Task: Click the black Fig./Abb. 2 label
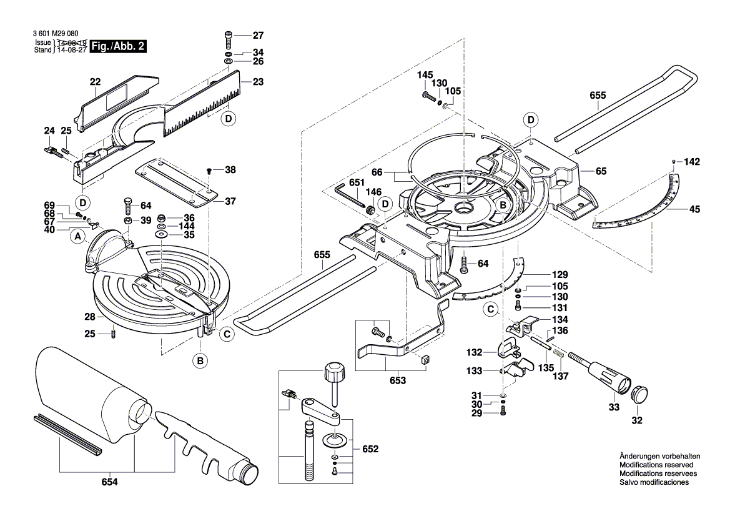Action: click(x=119, y=46)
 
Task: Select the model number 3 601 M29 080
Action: click(x=56, y=35)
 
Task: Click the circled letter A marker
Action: click(x=78, y=236)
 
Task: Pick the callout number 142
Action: click(x=692, y=161)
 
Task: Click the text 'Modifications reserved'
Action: click(x=656, y=465)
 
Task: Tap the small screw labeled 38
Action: click(x=210, y=170)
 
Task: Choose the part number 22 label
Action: click(x=95, y=82)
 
